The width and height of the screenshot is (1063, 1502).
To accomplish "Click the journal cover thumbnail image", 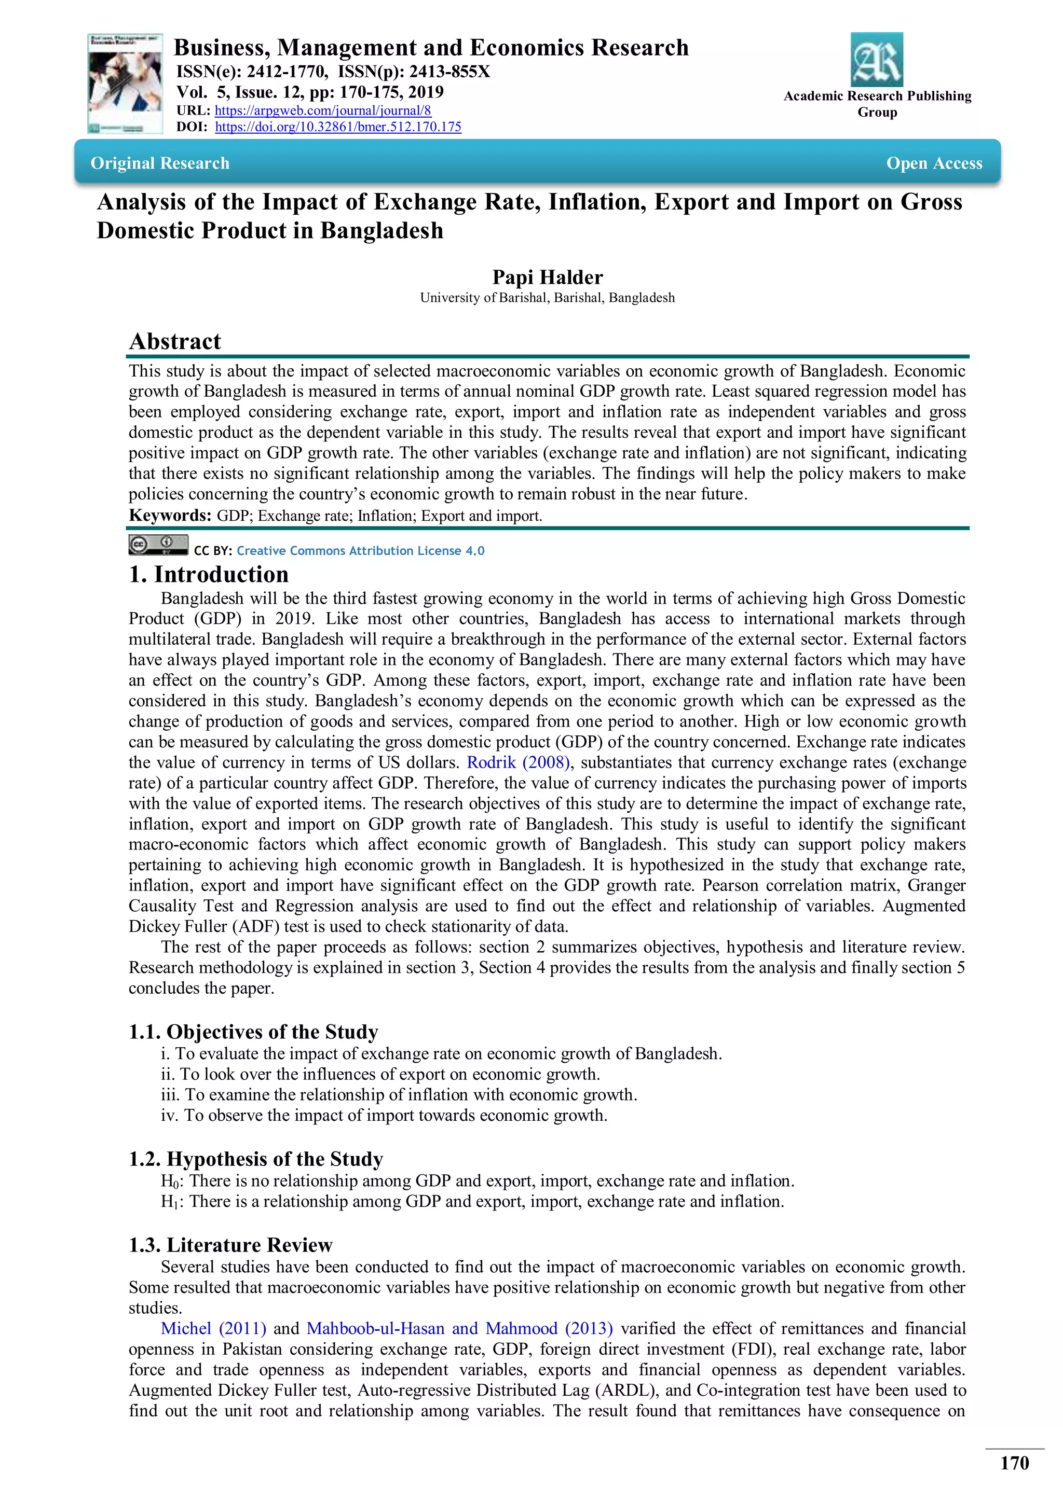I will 125,84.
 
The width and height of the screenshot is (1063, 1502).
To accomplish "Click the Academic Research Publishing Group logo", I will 877,60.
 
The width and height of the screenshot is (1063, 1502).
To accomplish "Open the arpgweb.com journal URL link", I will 323,110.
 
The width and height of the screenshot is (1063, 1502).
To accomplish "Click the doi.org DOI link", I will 338,127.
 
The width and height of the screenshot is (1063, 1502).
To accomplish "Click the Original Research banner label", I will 160,163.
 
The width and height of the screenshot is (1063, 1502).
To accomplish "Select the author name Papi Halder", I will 547,277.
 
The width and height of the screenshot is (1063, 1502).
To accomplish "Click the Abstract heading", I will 175,341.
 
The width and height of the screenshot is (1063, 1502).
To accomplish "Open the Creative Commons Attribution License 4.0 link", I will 360,551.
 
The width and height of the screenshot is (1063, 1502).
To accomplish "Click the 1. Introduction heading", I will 208,574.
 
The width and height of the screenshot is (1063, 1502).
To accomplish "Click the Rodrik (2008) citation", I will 518,763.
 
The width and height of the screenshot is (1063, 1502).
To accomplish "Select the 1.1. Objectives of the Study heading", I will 253,1032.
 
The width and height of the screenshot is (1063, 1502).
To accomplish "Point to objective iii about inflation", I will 399,1095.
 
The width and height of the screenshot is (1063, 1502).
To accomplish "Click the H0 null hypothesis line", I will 477,1181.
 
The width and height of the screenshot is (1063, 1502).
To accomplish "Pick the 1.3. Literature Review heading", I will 230,1245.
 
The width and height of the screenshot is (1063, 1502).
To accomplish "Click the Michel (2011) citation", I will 213,1329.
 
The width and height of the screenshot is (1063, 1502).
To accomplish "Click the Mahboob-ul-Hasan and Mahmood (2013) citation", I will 459,1329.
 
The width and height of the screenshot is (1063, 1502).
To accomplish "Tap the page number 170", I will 1014,1464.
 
